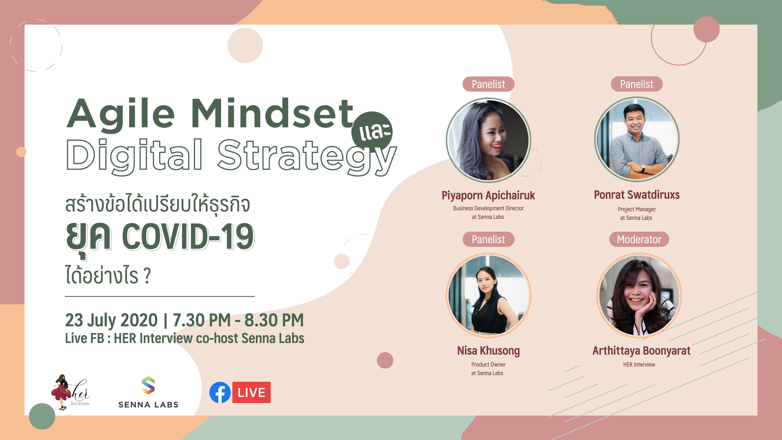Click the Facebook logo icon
[220, 392]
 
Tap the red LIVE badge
[251, 392]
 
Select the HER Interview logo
[70, 392]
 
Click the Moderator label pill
[639, 239]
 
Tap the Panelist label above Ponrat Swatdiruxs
[637, 84]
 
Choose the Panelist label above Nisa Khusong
[488, 239]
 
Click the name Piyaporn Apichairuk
[488, 195]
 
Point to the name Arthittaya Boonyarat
[641, 351]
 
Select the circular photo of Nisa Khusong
[488, 296]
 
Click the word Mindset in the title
[272, 114]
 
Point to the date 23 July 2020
[111, 320]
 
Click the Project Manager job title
[637, 209]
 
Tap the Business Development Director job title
[488, 208]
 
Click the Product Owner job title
[488, 364]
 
